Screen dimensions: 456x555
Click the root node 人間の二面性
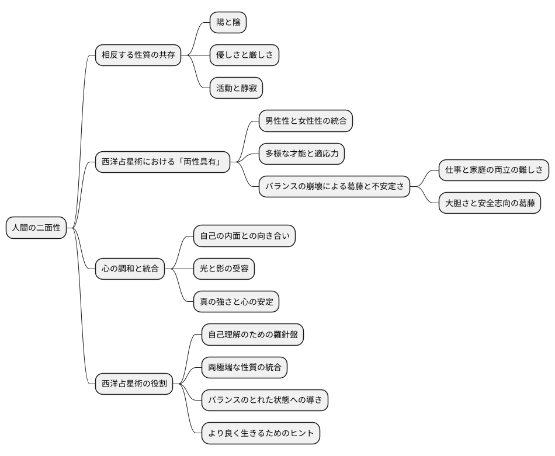36,228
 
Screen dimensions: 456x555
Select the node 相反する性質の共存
138,55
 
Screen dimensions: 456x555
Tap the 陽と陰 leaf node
228,23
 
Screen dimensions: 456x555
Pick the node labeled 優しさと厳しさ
244,55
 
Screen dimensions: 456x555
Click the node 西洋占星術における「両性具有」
162,162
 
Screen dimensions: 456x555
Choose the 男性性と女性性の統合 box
306,121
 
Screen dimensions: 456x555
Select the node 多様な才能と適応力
301,154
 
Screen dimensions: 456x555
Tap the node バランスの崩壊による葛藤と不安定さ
334,187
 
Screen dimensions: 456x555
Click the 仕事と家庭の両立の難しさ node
494,170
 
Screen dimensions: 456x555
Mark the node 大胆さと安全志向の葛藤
490,203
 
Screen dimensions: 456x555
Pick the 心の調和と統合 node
130,269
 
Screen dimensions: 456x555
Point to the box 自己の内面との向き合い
244,236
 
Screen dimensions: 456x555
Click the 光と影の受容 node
224,269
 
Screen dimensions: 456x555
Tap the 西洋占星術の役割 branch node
134,384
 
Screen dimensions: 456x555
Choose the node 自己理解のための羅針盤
252,335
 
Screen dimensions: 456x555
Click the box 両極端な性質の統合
244,367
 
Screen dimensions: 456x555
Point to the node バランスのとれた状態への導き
265,400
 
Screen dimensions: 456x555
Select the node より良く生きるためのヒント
261,433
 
